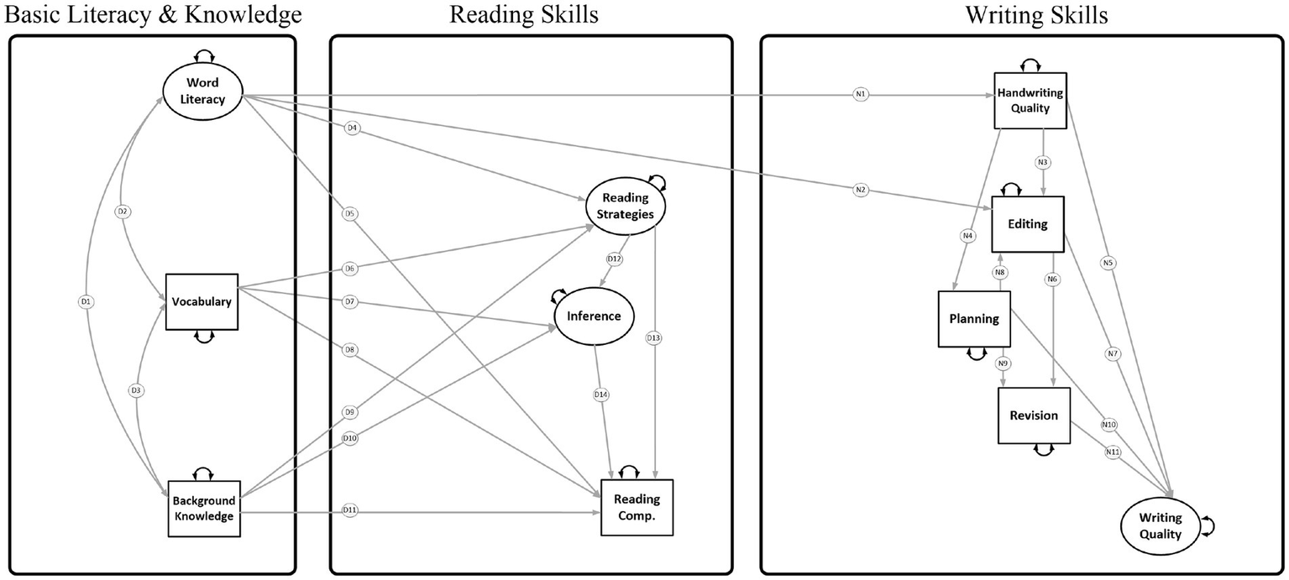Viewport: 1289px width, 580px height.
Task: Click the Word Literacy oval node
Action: point(202,93)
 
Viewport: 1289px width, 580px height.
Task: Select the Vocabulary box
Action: point(202,301)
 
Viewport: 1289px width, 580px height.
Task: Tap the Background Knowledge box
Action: point(203,509)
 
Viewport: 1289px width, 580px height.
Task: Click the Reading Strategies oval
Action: point(625,206)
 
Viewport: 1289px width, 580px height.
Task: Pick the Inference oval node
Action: point(594,316)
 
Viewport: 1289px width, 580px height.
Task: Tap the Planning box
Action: point(974,319)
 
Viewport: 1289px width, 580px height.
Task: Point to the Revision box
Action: point(1034,415)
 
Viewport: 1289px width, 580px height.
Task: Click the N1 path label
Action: point(860,95)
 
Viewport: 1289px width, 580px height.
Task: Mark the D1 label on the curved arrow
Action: point(85,301)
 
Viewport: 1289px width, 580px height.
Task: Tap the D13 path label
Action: point(653,338)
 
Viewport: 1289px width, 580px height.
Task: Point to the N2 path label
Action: point(860,191)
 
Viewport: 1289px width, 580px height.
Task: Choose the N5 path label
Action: point(1108,263)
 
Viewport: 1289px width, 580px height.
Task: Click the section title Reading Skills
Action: point(524,14)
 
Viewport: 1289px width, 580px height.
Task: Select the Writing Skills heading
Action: point(1024,14)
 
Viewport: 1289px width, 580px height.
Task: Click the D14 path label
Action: point(601,394)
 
